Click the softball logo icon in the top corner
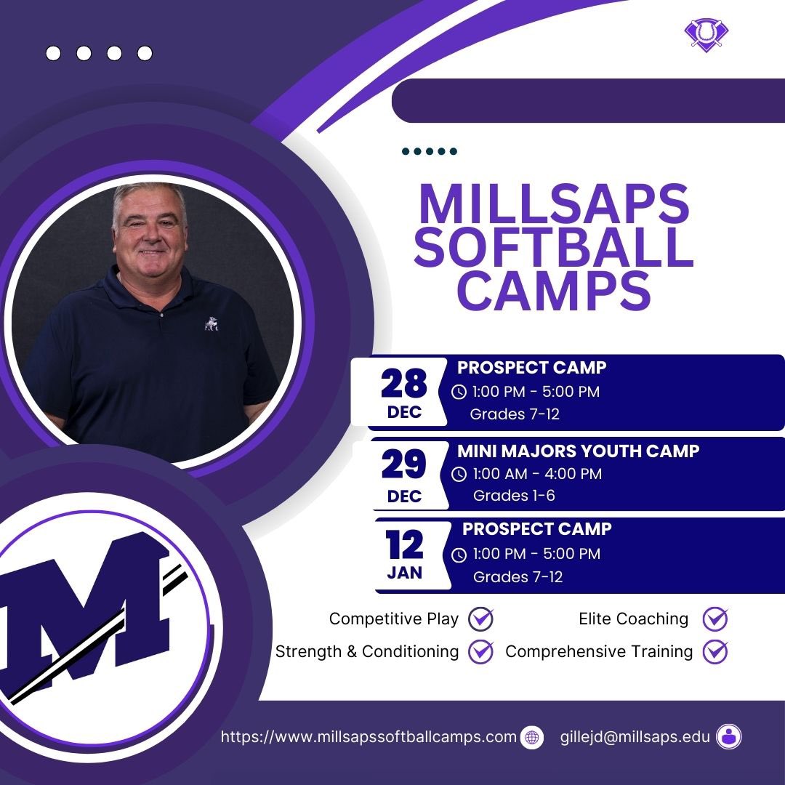(x=706, y=33)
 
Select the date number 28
(x=404, y=384)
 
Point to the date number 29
(x=404, y=466)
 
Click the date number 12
(x=405, y=546)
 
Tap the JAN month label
(x=405, y=573)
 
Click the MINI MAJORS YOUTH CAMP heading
(x=578, y=451)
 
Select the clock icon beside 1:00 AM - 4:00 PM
(x=459, y=475)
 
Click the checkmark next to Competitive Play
(x=480, y=619)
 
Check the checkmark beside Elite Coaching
(x=715, y=619)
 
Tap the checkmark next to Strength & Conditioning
(x=480, y=651)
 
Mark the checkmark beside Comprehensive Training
(x=715, y=651)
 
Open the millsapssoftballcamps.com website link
(x=369, y=737)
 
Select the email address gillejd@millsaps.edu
(x=635, y=737)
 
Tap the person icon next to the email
(x=728, y=737)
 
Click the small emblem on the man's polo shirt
(x=212, y=322)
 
